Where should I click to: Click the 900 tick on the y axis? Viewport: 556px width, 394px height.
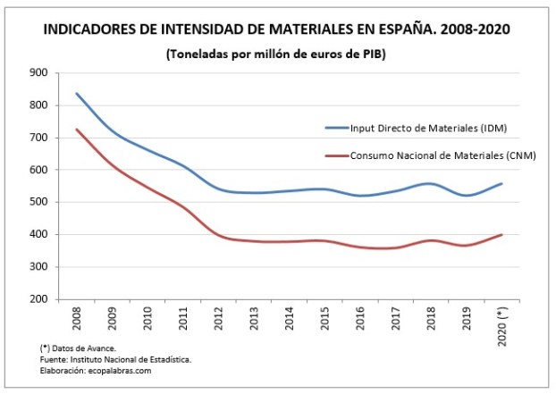40,73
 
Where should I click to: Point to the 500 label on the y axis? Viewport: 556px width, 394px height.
40,202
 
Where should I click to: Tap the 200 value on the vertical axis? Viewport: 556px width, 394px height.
40,299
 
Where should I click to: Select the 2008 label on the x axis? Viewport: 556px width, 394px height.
77,319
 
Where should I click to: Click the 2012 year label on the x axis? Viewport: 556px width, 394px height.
218,319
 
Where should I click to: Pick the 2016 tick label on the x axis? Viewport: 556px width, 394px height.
359,319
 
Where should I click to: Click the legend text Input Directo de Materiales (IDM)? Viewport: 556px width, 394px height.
428,129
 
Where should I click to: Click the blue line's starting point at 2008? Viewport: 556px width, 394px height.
77,93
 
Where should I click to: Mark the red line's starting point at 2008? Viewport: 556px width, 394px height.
77,130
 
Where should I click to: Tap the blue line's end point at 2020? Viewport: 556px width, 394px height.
501,183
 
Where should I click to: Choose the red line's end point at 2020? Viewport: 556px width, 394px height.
501,234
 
